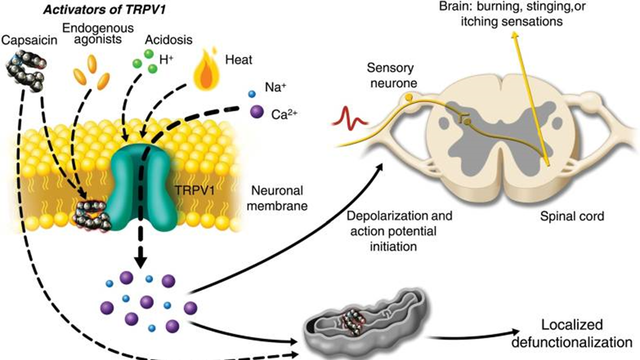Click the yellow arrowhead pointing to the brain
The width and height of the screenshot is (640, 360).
tap(515, 34)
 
